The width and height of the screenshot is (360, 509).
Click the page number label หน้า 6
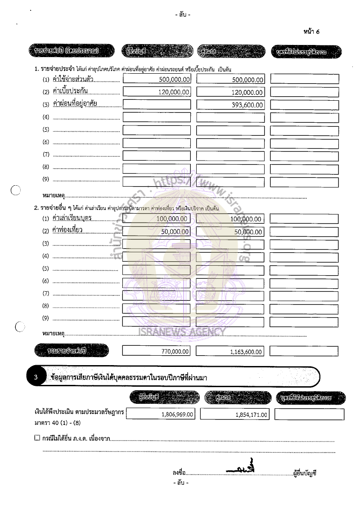tap(311, 31)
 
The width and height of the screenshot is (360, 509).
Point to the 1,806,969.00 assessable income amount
tap(177, 414)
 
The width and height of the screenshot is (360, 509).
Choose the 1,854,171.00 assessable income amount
tap(251, 415)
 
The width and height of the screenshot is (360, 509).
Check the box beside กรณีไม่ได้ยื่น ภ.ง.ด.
tap(37, 438)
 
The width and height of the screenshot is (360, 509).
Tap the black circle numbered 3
tap(36, 377)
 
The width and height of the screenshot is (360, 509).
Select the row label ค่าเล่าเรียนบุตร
tap(72, 218)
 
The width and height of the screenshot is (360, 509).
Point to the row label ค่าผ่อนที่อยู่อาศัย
tap(75, 104)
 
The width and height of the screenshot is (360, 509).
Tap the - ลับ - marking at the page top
tap(183, 15)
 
